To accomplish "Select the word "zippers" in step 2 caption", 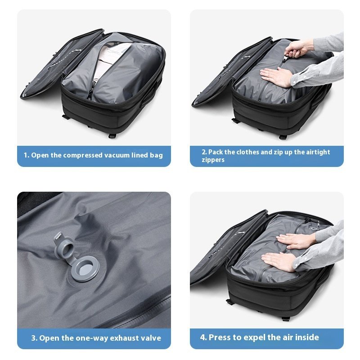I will [x=213, y=160].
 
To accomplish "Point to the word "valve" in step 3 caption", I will [x=150, y=338].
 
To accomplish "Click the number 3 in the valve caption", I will [x=34, y=338].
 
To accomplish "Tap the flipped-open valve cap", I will [x=63, y=243].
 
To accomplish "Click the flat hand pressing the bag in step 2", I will [x=275, y=76].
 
